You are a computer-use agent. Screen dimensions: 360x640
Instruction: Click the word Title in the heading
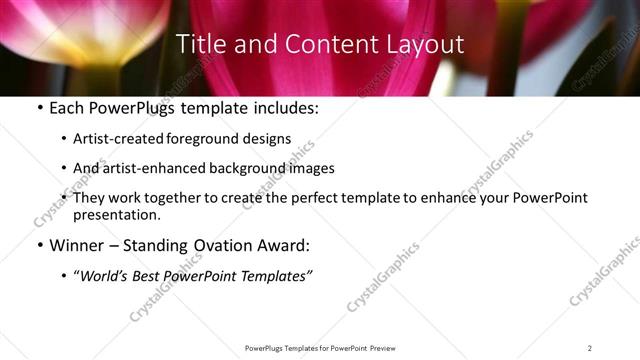(x=200, y=45)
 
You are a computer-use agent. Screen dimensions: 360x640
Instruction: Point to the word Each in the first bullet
(x=67, y=108)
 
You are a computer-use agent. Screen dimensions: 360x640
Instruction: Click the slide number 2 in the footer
(x=590, y=348)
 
